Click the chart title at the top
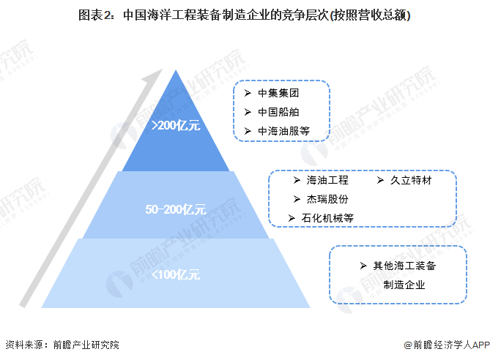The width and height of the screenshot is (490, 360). point(244,15)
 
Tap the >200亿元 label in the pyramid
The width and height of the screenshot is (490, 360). point(175,125)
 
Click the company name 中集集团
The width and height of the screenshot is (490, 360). point(279,94)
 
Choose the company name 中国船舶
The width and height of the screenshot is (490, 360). point(279,112)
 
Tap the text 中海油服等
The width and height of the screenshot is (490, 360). point(284,131)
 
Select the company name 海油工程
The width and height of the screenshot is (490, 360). point(327,180)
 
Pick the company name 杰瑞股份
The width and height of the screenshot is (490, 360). point(327,199)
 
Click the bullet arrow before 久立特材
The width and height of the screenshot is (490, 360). point(381,180)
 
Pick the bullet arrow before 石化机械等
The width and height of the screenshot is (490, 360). point(291,218)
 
